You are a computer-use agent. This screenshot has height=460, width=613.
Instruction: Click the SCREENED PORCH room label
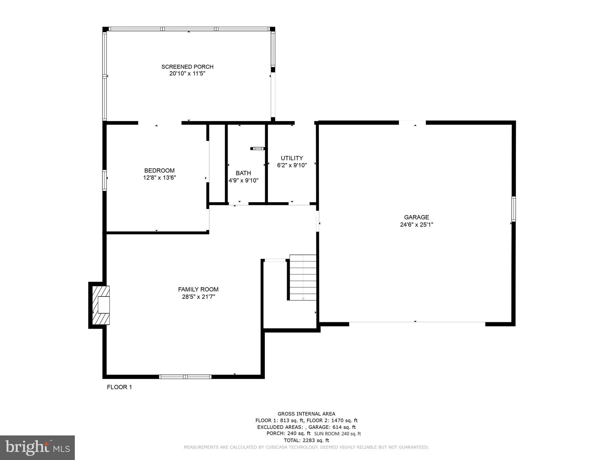(187, 66)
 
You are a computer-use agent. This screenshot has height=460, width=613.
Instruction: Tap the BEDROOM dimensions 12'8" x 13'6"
(159, 178)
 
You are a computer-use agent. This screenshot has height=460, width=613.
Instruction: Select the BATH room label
(243, 173)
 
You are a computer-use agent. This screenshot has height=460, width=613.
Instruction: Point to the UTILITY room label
(292, 158)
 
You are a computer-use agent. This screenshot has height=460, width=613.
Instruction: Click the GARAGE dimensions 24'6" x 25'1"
(416, 225)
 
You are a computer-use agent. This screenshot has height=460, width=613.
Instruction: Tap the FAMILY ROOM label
(198, 289)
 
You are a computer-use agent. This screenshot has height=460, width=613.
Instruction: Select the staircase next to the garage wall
(303, 278)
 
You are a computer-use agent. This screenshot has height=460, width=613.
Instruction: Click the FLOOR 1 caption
(119, 387)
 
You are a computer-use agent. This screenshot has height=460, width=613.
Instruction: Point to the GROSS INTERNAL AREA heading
(306, 414)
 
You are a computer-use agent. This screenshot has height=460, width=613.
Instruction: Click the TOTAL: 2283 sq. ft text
(306, 440)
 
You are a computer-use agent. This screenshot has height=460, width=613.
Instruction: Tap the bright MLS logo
(37, 447)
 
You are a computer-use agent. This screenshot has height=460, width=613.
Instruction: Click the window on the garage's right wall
(513, 209)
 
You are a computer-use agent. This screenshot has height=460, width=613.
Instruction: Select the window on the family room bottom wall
(185, 377)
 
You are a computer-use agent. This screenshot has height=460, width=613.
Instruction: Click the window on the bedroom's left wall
(104, 180)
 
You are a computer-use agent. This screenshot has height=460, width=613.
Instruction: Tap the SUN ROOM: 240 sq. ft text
(337, 434)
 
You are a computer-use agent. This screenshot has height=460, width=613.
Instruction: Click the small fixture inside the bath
(257, 149)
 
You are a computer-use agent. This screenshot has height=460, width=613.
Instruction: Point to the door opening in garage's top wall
(412, 122)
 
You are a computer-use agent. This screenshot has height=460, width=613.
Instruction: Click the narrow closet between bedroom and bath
(217, 163)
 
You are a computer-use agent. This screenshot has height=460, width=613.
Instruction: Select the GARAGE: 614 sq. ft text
(332, 427)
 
